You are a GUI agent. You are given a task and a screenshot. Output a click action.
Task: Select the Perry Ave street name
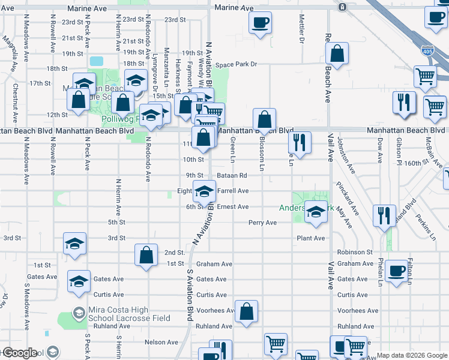point(262,223)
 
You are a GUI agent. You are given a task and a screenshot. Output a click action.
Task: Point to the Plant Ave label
point(310,238)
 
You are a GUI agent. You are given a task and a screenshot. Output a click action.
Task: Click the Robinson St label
point(355,253)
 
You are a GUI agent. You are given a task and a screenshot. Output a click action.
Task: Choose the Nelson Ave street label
point(161,342)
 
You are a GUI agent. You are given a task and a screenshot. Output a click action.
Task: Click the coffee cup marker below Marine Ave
point(260,23)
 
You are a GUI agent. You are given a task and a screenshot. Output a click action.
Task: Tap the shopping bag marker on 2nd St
point(146,255)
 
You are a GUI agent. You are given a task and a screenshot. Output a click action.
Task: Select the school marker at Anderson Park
point(316,212)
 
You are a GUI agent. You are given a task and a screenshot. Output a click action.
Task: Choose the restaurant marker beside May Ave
point(384,215)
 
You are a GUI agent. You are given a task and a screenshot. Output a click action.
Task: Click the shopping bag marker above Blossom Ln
point(264,119)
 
